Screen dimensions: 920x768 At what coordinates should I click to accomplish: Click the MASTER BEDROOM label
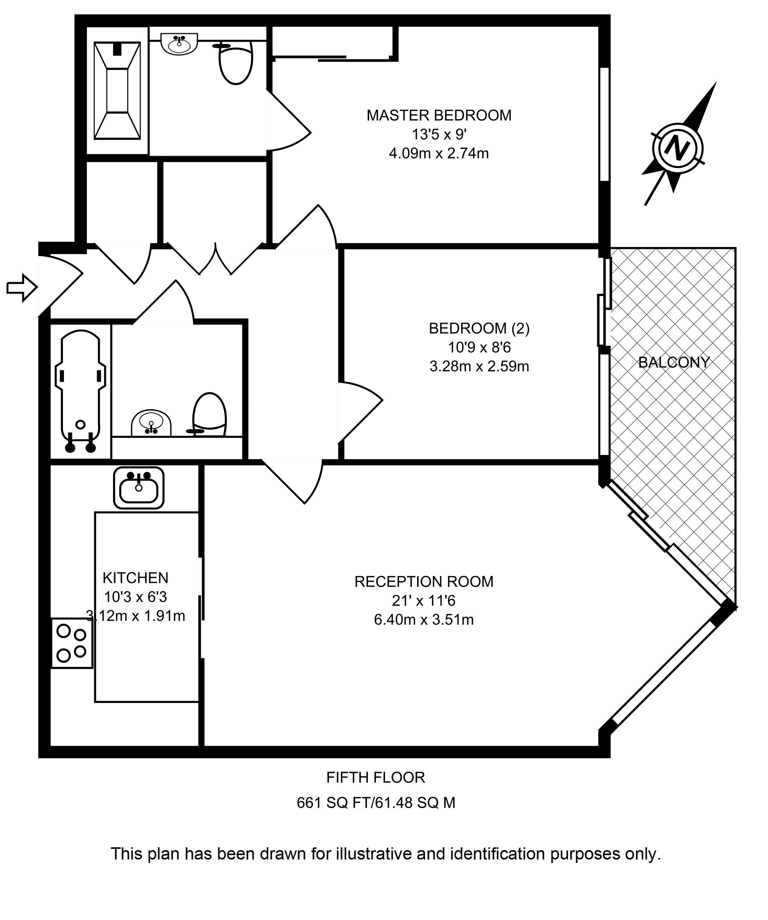tap(438, 115)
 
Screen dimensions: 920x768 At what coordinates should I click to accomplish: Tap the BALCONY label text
tap(674, 362)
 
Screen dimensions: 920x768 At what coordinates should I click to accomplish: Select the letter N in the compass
tap(677, 148)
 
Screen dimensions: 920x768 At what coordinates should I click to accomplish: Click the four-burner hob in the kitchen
tap(72, 643)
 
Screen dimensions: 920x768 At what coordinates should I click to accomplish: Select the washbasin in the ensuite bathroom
tap(180, 43)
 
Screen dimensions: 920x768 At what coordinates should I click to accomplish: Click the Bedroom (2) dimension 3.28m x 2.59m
tap(479, 366)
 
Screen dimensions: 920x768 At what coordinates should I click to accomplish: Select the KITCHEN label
tap(135, 578)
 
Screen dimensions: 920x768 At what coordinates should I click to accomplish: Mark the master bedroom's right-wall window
tap(604, 124)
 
